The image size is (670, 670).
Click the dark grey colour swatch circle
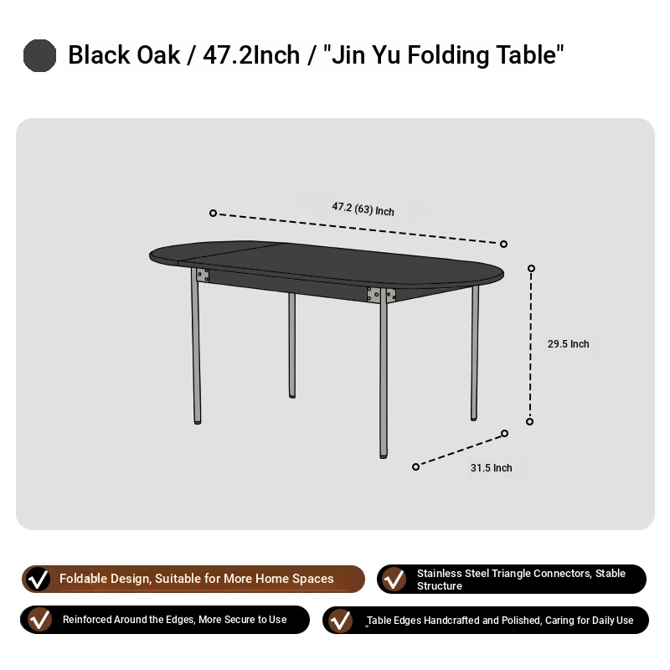39,55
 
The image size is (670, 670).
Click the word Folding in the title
448,55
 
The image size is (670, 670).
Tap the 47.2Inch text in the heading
251,55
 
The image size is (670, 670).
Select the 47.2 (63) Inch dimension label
363,209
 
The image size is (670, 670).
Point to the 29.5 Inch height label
569,344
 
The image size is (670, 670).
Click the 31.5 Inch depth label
492,468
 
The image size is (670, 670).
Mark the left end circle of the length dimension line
213,213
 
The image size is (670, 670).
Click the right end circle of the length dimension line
504,244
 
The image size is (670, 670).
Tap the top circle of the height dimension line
531,268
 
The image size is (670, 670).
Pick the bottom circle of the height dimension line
530,422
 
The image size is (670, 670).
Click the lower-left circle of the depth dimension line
415,467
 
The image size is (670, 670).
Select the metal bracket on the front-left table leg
203,276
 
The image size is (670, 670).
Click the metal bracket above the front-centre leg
381,295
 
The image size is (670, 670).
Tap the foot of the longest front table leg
384,456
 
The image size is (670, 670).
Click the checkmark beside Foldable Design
38,579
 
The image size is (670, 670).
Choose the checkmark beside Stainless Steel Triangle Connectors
393,579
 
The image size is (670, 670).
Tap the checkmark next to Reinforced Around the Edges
39,620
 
